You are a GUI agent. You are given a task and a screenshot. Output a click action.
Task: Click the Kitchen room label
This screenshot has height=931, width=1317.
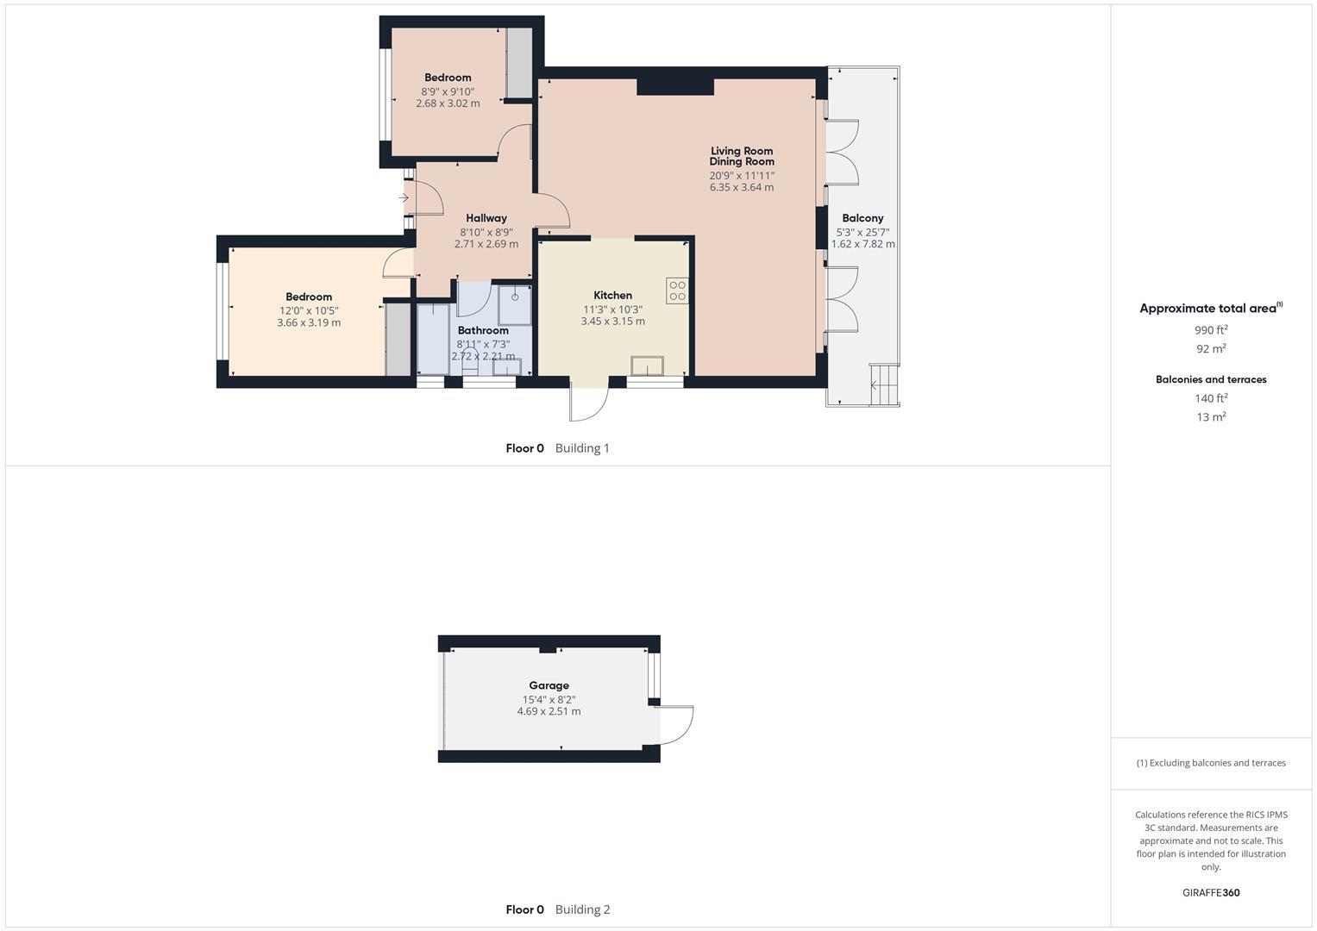click(612, 296)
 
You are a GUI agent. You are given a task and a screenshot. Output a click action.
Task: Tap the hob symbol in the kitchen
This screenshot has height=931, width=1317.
click(677, 291)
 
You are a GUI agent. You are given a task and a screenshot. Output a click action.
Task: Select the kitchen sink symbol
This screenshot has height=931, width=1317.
click(646, 366)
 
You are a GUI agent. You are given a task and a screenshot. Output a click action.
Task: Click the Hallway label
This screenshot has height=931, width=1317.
click(486, 218)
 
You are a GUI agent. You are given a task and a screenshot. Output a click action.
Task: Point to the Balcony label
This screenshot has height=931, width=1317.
click(862, 218)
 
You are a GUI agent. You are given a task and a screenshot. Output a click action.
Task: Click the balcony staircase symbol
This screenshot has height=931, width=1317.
click(884, 384)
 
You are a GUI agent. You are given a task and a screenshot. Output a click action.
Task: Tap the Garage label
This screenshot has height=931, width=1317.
click(549, 685)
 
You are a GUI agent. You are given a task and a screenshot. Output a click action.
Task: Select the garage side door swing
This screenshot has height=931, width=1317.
click(676, 725)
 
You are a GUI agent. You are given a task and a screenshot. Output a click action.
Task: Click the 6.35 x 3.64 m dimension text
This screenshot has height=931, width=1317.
click(742, 187)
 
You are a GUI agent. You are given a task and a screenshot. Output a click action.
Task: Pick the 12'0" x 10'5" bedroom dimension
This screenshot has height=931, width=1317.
click(309, 310)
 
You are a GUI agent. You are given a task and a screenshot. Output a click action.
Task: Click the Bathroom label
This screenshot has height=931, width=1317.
click(483, 330)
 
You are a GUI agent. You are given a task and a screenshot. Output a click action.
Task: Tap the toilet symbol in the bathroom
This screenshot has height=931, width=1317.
click(470, 363)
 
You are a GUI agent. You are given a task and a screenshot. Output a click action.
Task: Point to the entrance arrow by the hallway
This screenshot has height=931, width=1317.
click(404, 198)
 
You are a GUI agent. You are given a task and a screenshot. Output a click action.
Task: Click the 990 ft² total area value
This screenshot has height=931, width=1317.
click(1211, 330)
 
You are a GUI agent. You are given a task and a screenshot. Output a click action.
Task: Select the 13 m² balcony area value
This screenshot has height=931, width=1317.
click(1211, 417)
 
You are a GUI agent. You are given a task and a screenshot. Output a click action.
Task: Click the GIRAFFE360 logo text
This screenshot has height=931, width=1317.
click(1211, 893)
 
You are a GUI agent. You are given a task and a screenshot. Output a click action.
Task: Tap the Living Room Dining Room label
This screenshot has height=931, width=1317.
click(742, 156)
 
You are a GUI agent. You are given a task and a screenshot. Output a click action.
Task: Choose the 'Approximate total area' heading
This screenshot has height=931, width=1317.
click(1207, 309)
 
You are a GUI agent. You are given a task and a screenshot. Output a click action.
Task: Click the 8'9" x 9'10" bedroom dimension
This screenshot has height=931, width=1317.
click(448, 91)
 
